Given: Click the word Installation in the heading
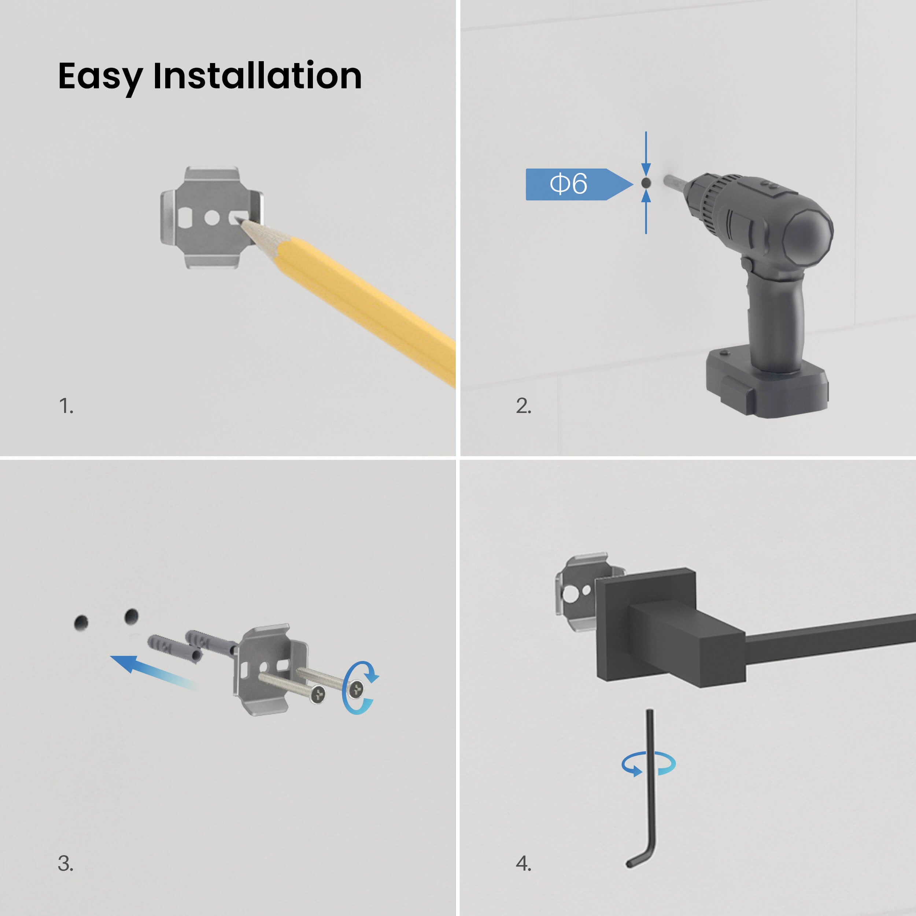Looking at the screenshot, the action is click(258, 75).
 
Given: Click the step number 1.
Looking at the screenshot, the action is click(66, 406).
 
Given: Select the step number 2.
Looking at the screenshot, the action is click(524, 406).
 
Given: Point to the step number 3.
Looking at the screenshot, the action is click(66, 863).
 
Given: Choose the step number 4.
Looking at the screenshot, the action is click(524, 863).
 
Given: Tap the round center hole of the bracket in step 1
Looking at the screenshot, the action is click(212, 218).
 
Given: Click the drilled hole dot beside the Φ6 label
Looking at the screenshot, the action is click(646, 182).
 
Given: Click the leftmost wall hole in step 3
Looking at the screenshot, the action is click(81, 623).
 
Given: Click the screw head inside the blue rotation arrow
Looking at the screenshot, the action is click(355, 689).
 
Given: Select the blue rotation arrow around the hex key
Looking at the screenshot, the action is click(649, 764).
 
